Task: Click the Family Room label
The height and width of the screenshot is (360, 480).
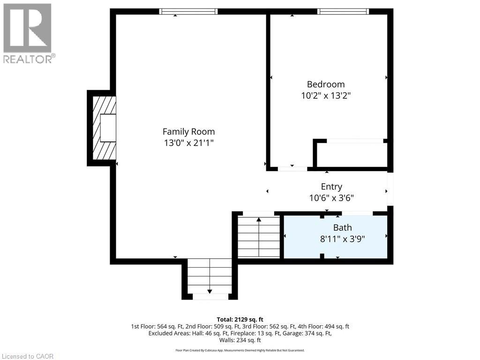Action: (188, 132)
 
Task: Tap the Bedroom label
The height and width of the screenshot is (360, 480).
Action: (325, 84)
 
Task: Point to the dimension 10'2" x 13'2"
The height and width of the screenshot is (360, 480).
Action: (325, 96)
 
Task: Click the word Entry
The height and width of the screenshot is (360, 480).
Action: (331, 187)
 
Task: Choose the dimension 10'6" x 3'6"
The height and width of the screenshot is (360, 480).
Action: (331, 198)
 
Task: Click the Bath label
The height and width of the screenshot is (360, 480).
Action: (342, 228)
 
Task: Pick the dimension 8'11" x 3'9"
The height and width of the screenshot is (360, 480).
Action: (342, 239)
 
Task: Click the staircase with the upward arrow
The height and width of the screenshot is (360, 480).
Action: (258, 237)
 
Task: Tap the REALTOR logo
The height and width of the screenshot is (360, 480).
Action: (28, 33)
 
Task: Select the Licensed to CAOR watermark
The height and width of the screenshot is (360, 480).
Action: (28, 356)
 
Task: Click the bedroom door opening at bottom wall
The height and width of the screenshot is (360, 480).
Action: (292, 168)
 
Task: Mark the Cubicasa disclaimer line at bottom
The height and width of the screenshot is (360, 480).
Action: (240, 350)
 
